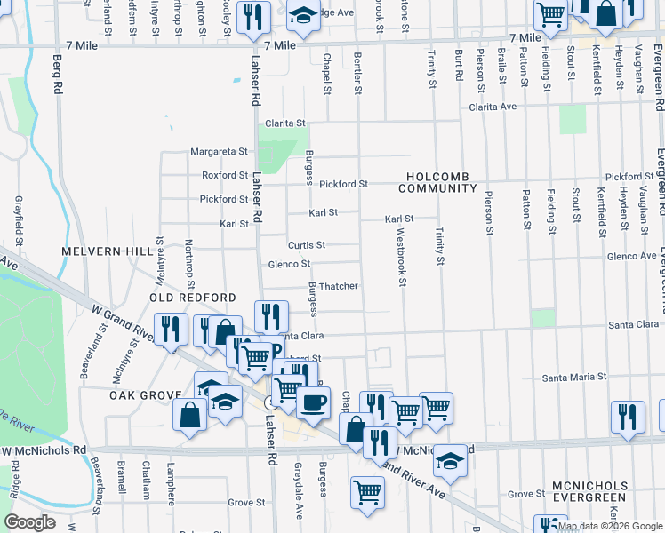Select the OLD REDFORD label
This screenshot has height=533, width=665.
pyautogui.click(x=193, y=298)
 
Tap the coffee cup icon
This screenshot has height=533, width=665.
pyautogui.click(x=311, y=402)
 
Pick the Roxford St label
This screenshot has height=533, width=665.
pyautogui.click(x=225, y=176)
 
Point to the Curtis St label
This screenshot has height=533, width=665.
pyautogui.click(x=307, y=245)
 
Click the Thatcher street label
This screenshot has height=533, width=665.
pyautogui.click(x=339, y=287)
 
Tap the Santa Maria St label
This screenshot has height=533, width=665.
pyautogui.click(x=574, y=377)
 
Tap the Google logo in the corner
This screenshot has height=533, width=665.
pyautogui.click(x=29, y=522)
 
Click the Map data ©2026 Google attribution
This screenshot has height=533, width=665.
pyautogui.click(x=609, y=527)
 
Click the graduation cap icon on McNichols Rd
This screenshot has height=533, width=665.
pyautogui.click(x=451, y=460)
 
